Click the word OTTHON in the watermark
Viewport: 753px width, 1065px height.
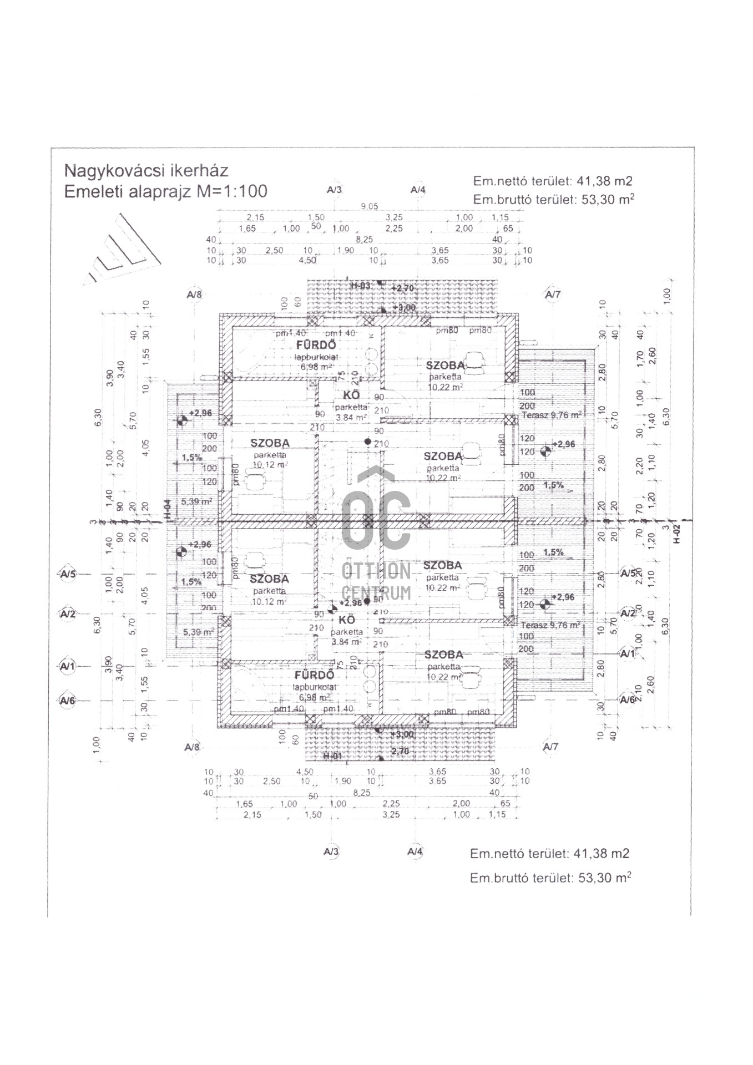tap(377, 571)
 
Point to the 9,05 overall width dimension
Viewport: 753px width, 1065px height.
tap(369, 206)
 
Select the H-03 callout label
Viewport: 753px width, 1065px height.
tap(361, 286)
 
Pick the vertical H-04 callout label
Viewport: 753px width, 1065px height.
tap(167, 509)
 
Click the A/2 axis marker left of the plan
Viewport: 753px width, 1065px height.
tap(68, 613)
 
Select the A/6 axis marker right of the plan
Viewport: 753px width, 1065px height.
tap(628, 700)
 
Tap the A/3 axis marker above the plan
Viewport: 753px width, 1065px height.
tap(335, 190)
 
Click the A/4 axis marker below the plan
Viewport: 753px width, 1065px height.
tap(415, 851)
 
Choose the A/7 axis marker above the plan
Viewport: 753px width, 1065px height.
tap(553, 294)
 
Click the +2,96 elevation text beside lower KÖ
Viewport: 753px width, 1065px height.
tap(350, 603)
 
